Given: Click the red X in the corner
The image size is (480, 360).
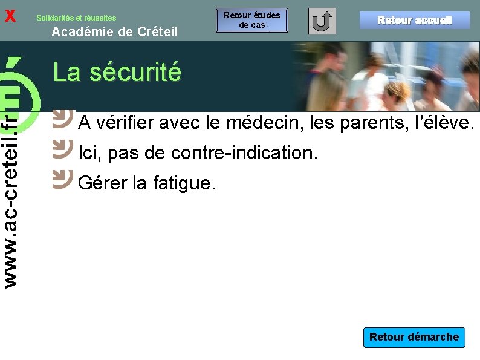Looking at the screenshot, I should (10, 16).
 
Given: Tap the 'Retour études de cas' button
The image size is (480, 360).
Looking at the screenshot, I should (252, 21).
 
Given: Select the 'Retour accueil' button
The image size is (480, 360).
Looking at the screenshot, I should (414, 20).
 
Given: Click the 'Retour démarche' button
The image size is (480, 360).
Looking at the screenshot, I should (414, 337).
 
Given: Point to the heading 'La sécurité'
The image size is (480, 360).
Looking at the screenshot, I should (117, 72).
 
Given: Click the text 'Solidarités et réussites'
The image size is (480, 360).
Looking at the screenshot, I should (76, 18).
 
